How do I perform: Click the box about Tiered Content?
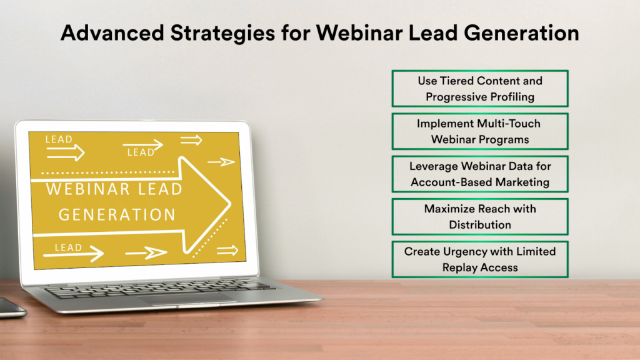479,89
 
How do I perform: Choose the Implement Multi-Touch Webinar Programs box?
479,131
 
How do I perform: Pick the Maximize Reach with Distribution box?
479,216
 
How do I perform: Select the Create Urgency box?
479,259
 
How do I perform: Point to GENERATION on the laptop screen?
117,214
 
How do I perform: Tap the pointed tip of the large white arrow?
231,202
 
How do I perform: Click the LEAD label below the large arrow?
68,247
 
